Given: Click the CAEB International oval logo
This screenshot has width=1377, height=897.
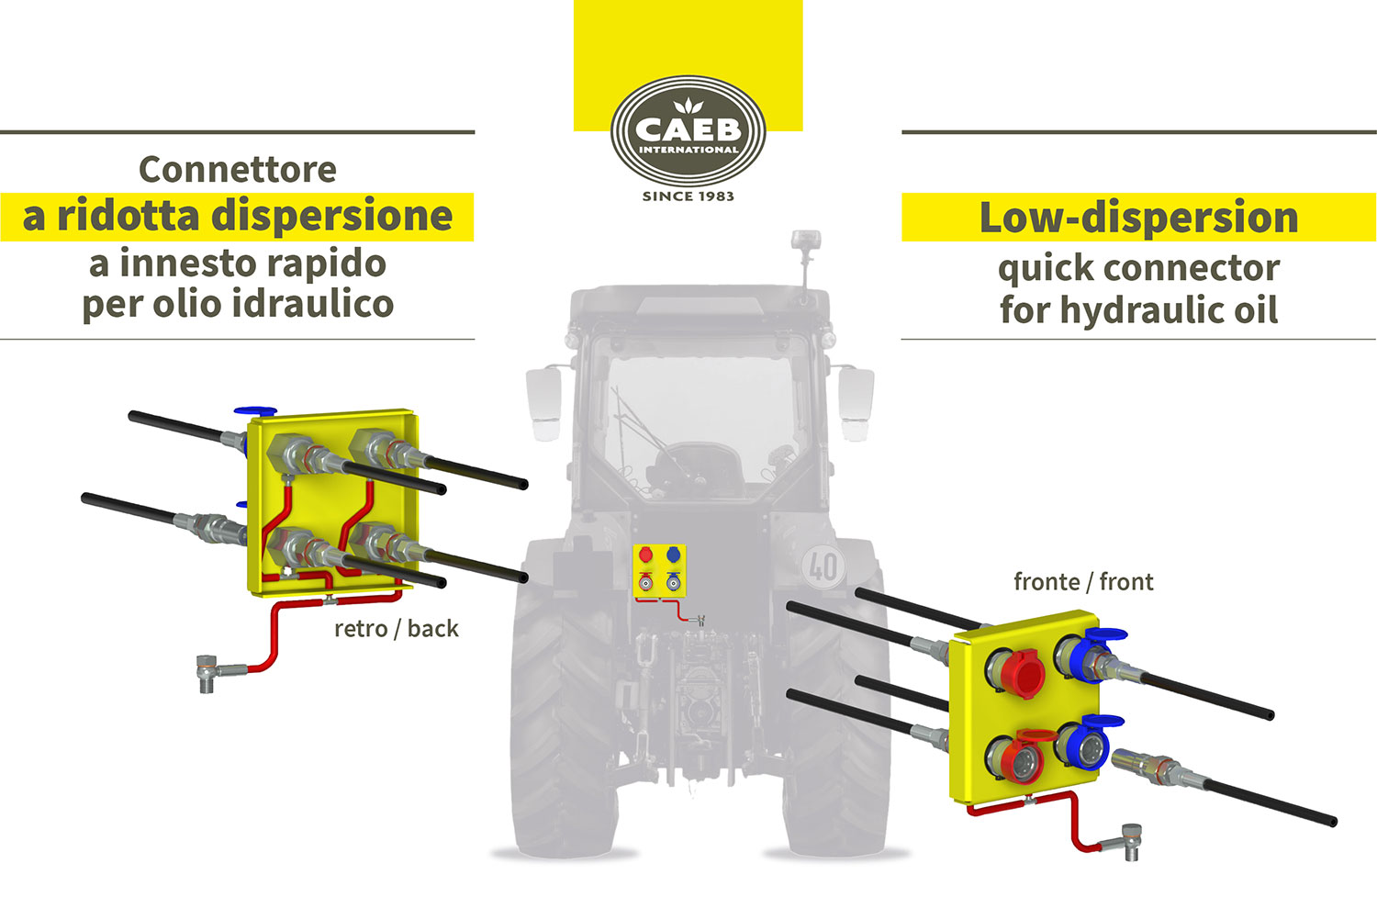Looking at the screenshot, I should pyautogui.click(x=688, y=132).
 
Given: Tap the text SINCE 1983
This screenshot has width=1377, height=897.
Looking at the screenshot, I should pyautogui.click(x=688, y=196).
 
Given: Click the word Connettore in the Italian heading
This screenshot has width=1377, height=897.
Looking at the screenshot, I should pyautogui.click(x=238, y=170).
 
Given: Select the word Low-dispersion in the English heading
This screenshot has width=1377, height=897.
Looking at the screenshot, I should pyautogui.click(x=1138, y=219).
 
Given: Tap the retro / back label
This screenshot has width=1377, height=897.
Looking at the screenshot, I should pyautogui.click(x=396, y=629).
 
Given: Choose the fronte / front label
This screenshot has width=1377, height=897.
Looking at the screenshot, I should pyautogui.click(x=1083, y=582).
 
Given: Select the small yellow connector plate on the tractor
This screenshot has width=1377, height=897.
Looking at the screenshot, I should pyautogui.click(x=661, y=570).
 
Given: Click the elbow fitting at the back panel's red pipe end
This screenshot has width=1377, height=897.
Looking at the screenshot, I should pyautogui.click(x=208, y=672).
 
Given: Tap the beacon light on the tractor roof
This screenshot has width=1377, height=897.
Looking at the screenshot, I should pyautogui.click(x=805, y=243).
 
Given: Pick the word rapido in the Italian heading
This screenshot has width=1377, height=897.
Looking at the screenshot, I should pyautogui.click(x=334, y=264).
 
